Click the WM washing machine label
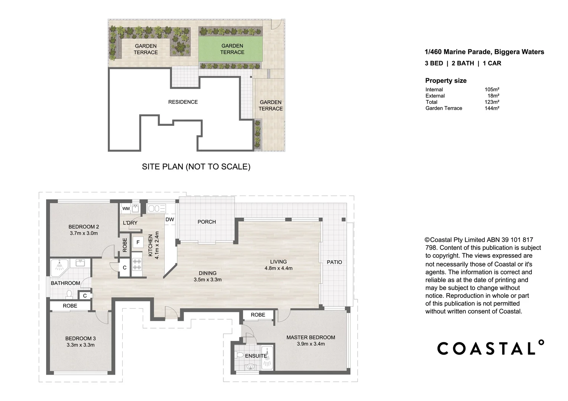[126, 209]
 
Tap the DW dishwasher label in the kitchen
[170, 219]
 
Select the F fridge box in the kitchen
[138, 242]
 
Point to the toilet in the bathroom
[69, 294]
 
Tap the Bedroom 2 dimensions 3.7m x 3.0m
[84, 233]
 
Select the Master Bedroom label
[310, 337]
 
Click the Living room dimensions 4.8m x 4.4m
[278, 268]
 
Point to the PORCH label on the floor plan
[207, 222]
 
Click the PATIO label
[334, 262]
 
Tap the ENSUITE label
[256, 356]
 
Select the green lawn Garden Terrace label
[232, 49]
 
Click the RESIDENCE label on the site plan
[183, 102]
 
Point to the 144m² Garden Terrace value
[492, 108]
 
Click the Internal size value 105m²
[492, 89]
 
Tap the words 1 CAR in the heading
[492, 63]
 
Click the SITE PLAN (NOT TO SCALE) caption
[196, 167]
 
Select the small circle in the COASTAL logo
[541, 342]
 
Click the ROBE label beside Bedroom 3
[70, 306]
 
